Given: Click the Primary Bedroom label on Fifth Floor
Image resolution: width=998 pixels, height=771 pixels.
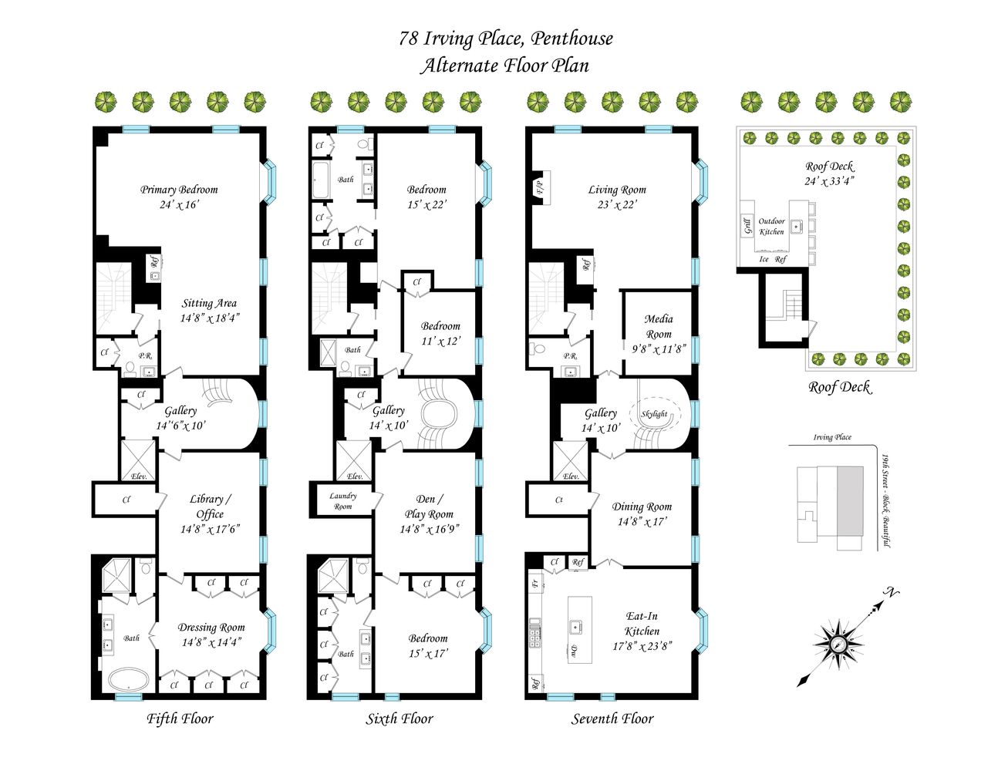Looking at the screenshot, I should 179,190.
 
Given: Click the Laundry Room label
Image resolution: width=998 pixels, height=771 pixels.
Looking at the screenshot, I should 342,501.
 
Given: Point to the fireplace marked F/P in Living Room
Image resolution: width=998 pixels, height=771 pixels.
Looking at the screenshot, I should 539,187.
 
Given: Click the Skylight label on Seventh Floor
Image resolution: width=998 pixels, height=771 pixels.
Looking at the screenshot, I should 654,414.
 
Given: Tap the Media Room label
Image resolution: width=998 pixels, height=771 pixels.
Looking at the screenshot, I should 659,326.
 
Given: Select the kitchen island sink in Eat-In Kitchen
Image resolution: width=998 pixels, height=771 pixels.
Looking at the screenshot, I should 575,627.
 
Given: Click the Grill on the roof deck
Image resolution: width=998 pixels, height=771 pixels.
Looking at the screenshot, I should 747,227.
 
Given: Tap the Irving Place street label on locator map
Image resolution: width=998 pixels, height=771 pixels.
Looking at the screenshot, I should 832,437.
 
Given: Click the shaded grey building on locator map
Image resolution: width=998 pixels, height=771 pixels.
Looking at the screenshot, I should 851,500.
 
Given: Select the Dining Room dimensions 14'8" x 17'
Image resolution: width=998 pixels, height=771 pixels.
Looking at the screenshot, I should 642,522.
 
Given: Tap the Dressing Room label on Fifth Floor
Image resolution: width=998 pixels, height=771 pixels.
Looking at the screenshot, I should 211,628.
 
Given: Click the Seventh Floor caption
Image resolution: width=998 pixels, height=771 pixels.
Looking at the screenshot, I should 612,719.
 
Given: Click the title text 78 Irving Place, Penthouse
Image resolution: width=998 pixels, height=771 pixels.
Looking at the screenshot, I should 506,39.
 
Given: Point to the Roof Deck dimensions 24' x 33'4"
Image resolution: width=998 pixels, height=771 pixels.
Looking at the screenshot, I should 829,181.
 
